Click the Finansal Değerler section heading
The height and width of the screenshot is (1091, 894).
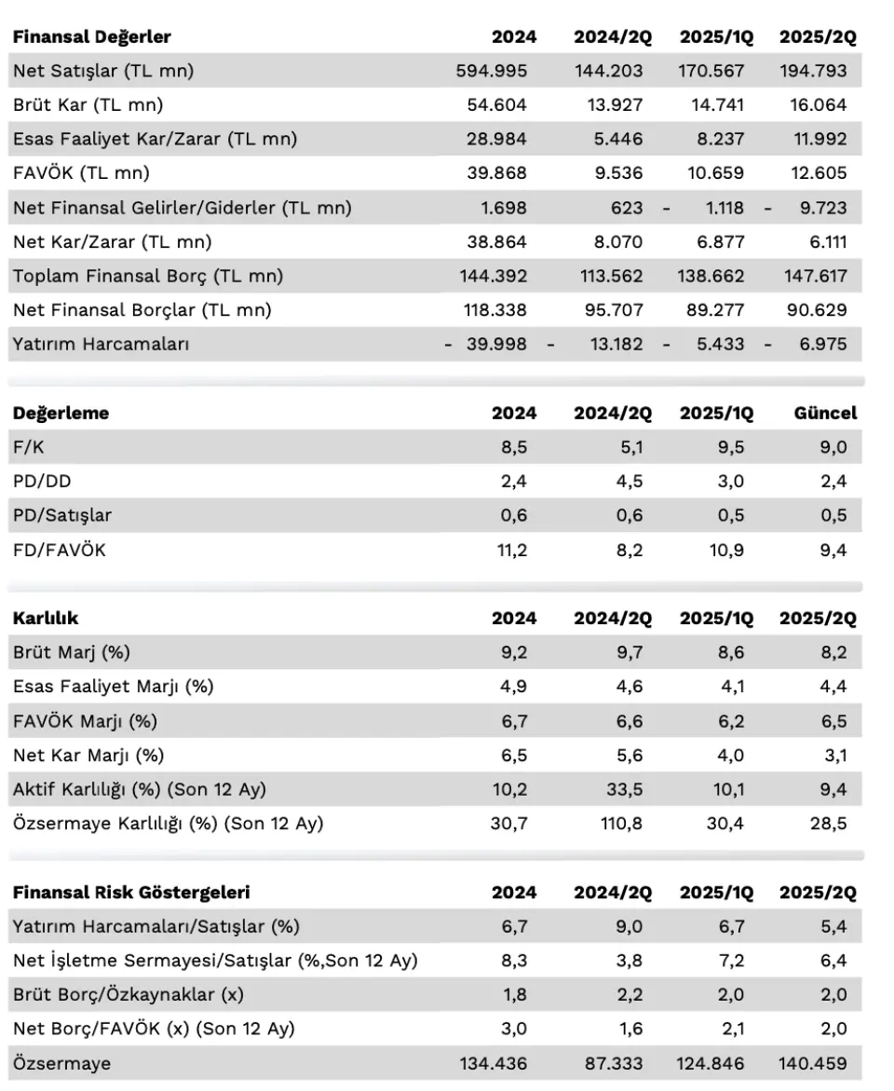(x=92, y=37)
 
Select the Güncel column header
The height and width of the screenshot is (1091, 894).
(x=825, y=414)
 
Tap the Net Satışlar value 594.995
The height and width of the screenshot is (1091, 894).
(x=491, y=71)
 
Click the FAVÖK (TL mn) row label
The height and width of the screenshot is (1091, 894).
(x=81, y=173)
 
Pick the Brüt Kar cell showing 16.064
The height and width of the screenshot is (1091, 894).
(x=819, y=105)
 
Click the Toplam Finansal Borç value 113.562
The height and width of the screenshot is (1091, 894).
(x=612, y=276)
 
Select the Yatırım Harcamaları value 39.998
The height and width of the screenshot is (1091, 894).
(x=496, y=345)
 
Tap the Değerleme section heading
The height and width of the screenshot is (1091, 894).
(x=61, y=414)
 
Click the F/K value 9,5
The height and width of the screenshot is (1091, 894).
(x=730, y=447)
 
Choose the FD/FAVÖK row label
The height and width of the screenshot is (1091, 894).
(x=60, y=551)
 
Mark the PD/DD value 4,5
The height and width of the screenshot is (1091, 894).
(x=629, y=482)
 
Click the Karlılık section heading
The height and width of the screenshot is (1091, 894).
(x=46, y=619)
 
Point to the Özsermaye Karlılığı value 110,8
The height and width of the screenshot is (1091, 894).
(x=621, y=824)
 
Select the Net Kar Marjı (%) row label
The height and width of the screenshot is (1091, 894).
(x=88, y=756)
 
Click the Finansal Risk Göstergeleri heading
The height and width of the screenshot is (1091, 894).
(x=131, y=893)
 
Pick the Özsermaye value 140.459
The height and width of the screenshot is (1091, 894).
(x=813, y=1064)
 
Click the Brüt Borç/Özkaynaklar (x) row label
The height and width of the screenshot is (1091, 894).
(x=128, y=995)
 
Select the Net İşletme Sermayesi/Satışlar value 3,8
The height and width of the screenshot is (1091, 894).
(x=629, y=961)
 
